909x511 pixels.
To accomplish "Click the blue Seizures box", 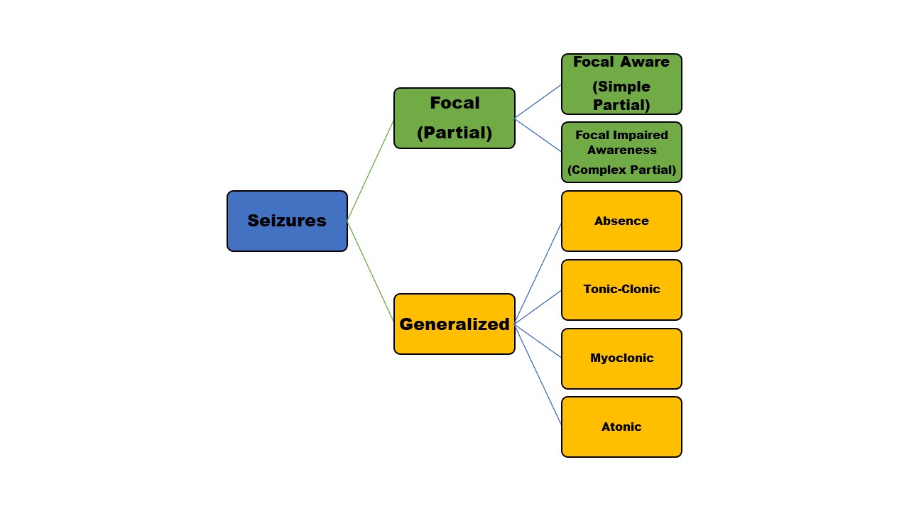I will [x=287, y=221].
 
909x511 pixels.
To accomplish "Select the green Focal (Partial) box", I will [x=454, y=118].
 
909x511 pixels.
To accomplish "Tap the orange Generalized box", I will [x=454, y=324].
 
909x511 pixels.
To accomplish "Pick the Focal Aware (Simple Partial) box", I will [x=621, y=84].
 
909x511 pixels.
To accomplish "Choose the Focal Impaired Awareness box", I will [x=621, y=152].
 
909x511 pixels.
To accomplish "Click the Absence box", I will [x=621, y=221].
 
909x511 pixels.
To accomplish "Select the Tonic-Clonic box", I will [x=621, y=290].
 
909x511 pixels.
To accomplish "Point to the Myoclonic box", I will [x=621, y=358].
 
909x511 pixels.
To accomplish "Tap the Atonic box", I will [x=621, y=427].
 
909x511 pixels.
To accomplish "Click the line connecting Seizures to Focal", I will [x=371, y=170].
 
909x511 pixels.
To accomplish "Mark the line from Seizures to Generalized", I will [x=371, y=272].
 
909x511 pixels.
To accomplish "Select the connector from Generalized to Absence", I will [x=538, y=273].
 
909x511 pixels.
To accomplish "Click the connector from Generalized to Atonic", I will [x=538, y=374].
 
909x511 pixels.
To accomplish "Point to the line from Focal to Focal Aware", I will [x=538, y=101].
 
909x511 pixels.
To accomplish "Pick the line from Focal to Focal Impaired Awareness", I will [x=538, y=135].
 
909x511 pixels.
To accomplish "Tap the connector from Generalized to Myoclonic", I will [x=538, y=341].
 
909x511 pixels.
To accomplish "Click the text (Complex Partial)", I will [x=621, y=170].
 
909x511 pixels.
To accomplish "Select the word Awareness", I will [x=621, y=150].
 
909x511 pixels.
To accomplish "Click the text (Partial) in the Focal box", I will [x=454, y=133].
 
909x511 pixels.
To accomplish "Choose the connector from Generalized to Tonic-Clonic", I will [x=538, y=307].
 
